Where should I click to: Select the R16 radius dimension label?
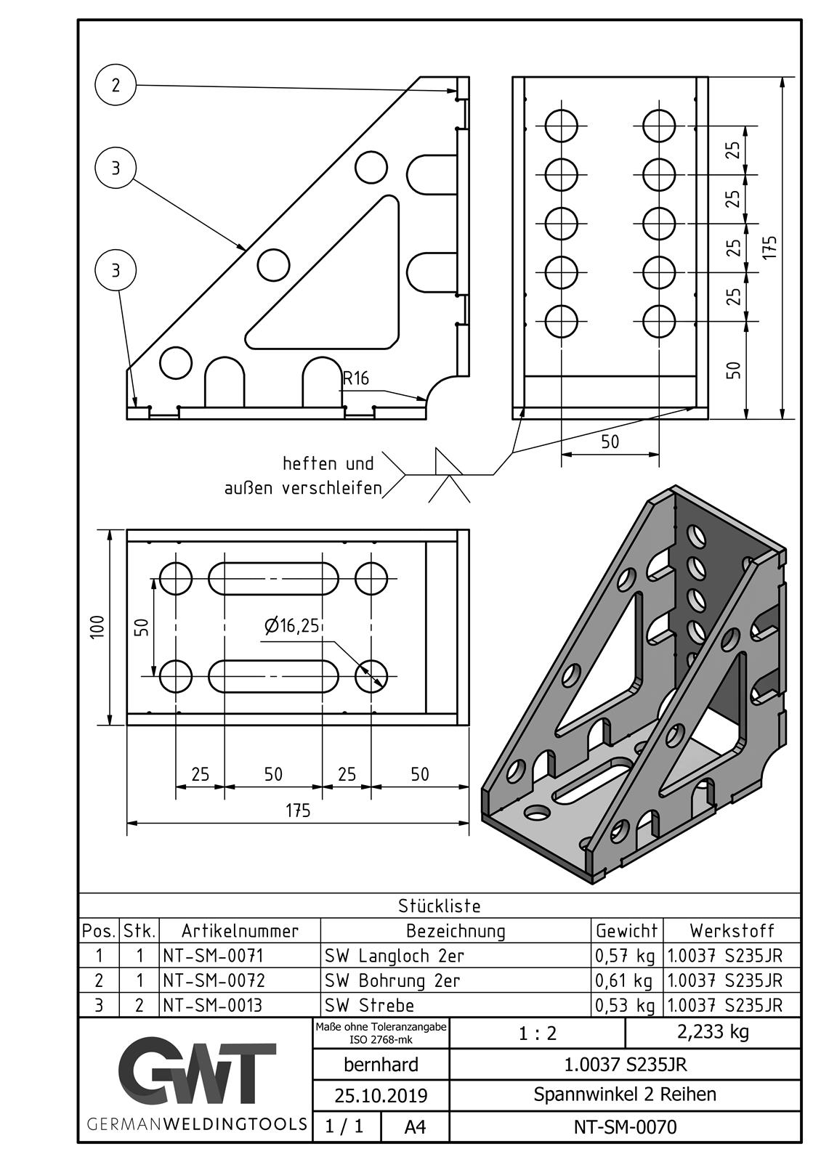click(356, 378)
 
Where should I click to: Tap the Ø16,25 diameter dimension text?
click(292, 625)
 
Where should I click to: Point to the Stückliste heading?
click(439, 906)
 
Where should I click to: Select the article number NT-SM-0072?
click(214, 980)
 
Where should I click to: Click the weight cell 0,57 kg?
click(625, 955)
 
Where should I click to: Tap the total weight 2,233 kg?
click(712, 1032)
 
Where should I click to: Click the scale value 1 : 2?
click(538, 1033)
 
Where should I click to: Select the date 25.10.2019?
click(381, 1095)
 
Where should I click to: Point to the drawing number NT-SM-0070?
click(625, 1127)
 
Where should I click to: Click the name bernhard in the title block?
click(381, 1065)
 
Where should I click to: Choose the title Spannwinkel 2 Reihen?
click(625, 1094)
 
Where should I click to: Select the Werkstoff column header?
click(732, 930)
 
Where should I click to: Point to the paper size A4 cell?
click(415, 1127)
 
